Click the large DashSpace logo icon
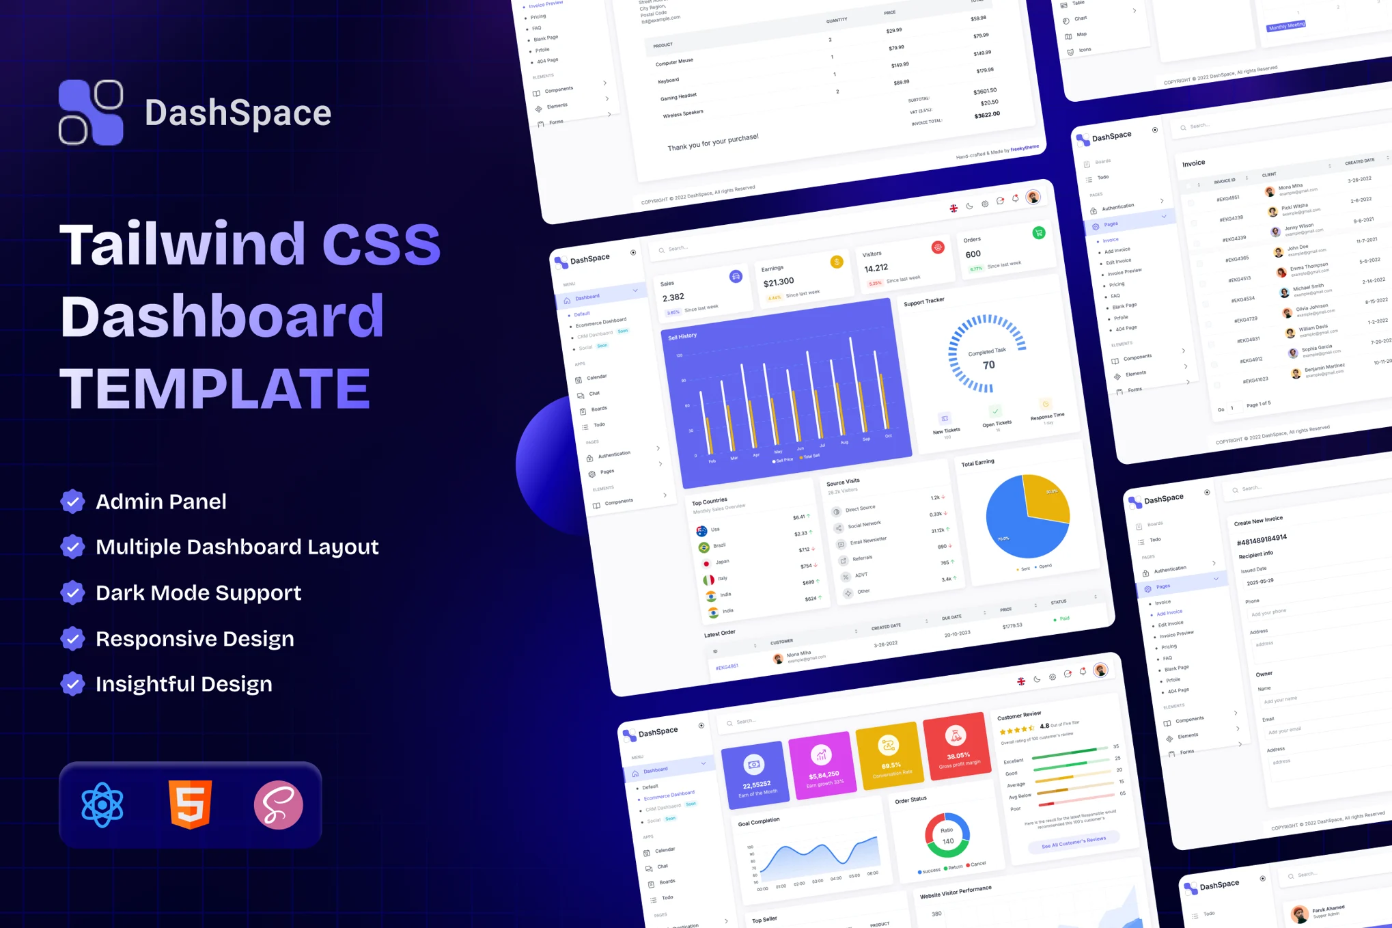tap(91, 113)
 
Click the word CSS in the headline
tap(381, 244)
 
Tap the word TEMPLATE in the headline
tap(215, 388)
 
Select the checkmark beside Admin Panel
tap(72, 502)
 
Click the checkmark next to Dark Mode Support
tap(72, 592)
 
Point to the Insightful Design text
tap(184, 684)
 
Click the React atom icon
tap(102, 805)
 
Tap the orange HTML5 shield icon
tap(190, 805)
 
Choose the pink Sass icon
tap(278, 805)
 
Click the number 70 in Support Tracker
tap(988, 365)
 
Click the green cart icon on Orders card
tap(1038, 233)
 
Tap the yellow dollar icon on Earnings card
tap(837, 262)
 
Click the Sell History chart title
tap(682, 336)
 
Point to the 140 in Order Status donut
tap(947, 841)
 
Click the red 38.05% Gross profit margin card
tap(956, 749)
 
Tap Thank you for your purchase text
tap(712, 142)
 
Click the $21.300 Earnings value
tap(779, 282)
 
